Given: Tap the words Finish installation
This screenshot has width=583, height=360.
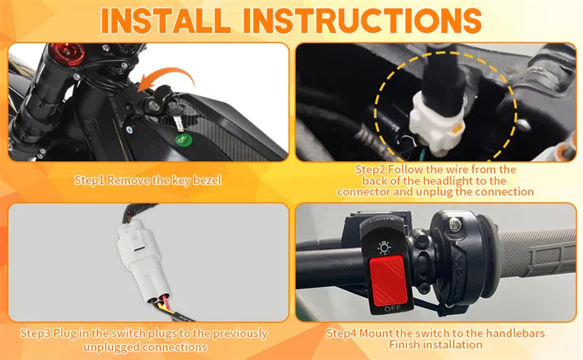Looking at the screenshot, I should [435, 344].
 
